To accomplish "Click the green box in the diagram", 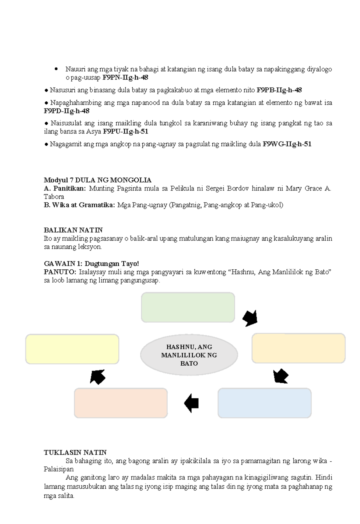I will click(188, 307).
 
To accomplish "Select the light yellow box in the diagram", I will click(72, 349).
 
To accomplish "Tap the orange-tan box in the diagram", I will click(298, 348).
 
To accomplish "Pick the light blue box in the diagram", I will click(265, 403).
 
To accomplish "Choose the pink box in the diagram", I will click(121, 403).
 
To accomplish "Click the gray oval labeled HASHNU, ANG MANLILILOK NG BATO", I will click(189, 355).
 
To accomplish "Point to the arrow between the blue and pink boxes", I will click(192, 403).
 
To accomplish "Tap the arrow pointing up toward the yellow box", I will click(97, 377).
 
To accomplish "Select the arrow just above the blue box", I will click(281, 376).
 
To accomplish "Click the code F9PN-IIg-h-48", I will click(125, 78).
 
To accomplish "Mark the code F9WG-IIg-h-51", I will click(287, 144).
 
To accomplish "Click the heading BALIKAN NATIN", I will click(73, 230).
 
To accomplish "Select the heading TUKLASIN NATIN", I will click(75, 452).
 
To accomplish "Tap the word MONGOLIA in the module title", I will click(135, 180).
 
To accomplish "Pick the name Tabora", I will click(54, 197).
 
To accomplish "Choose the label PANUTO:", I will click(60, 272).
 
